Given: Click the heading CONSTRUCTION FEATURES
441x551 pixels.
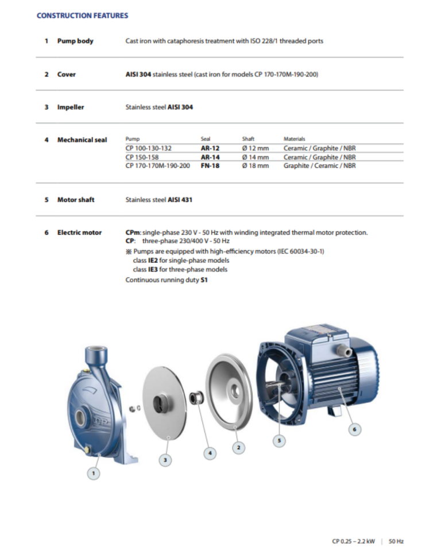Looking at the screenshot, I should coord(82,15).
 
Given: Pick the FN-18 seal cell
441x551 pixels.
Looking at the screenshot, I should coord(210,166).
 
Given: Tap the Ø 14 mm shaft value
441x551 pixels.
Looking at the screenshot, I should coord(255,157).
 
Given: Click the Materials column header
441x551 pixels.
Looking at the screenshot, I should coord(295,139).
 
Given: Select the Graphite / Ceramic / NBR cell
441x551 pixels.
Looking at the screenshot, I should coord(320,166).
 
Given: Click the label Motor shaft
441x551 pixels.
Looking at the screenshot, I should coord(75,200).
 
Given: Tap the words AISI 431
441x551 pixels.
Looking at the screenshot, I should coord(180,200).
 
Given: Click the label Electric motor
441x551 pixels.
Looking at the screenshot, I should coord(79,232).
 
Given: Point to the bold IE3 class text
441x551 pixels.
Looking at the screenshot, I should coord(154,269).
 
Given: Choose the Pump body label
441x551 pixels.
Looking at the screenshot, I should coord(75,41).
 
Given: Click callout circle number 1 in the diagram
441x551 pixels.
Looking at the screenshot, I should coord(95,474).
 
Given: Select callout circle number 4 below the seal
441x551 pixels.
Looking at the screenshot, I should coord(210,453).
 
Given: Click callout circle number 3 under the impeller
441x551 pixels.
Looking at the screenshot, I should coord(165,459).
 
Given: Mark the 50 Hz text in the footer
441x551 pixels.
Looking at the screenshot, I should coord(396,541).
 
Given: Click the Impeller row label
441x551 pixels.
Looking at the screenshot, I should coord(70,107).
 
